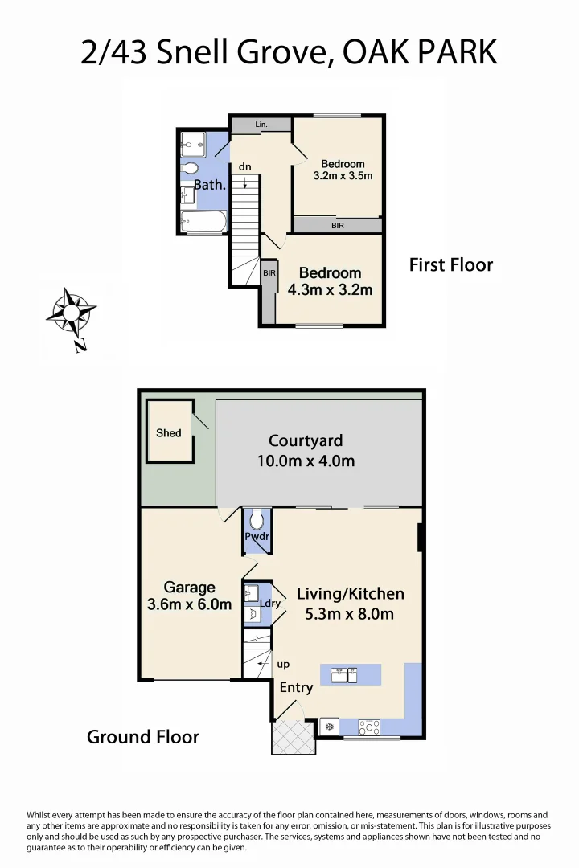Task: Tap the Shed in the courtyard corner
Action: coord(169,432)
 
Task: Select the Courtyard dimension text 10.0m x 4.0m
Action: coord(306,461)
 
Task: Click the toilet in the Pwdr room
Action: coord(257,519)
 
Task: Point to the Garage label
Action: coord(190,588)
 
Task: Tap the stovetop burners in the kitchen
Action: coord(369,727)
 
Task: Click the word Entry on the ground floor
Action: coord(296,688)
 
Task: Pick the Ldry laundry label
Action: coord(269,603)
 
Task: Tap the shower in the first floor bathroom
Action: coord(193,145)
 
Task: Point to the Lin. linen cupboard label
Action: coord(261,125)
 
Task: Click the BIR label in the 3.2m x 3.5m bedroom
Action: coord(338,226)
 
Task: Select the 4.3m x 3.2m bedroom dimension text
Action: coord(330,290)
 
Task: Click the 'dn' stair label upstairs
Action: coord(245,166)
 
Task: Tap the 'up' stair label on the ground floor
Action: coord(283,665)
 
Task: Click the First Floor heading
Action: coord(450,265)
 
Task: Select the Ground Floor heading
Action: coord(143,737)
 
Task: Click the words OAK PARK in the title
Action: coord(420,52)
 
